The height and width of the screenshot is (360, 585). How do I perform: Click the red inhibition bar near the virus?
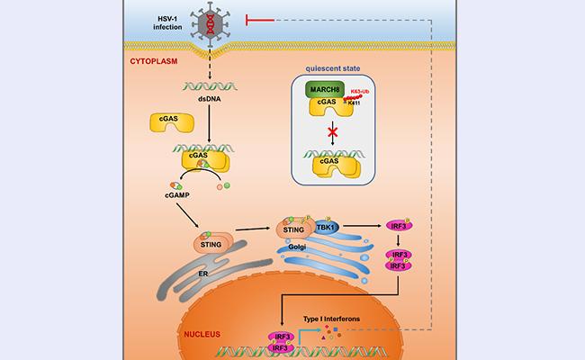(247, 21)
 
